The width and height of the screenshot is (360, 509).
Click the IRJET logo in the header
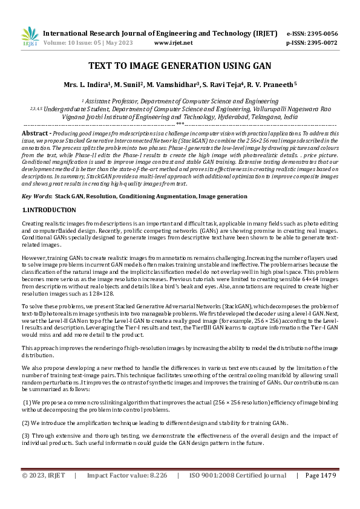click(30, 37)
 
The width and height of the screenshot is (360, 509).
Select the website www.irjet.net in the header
click(174, 43)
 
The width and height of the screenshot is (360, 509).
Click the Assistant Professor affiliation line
click(180, 101)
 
